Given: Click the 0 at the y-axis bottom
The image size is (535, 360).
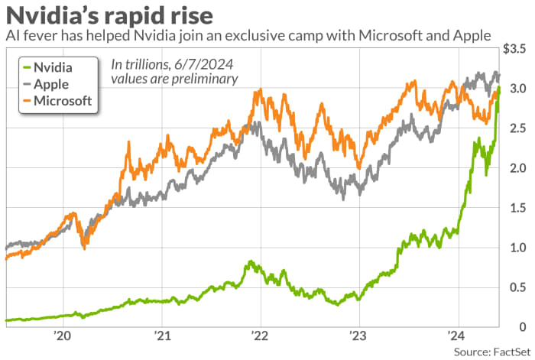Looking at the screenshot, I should (523, 327).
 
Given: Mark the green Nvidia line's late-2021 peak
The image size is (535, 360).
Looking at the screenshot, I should (251, 262).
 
